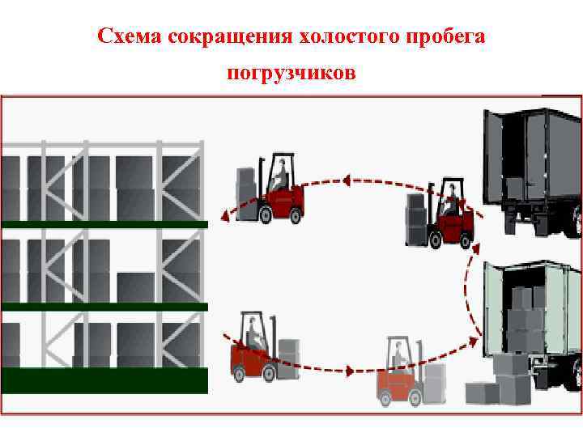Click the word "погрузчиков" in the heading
tap(291, 74)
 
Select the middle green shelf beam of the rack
tap(104, 307)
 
